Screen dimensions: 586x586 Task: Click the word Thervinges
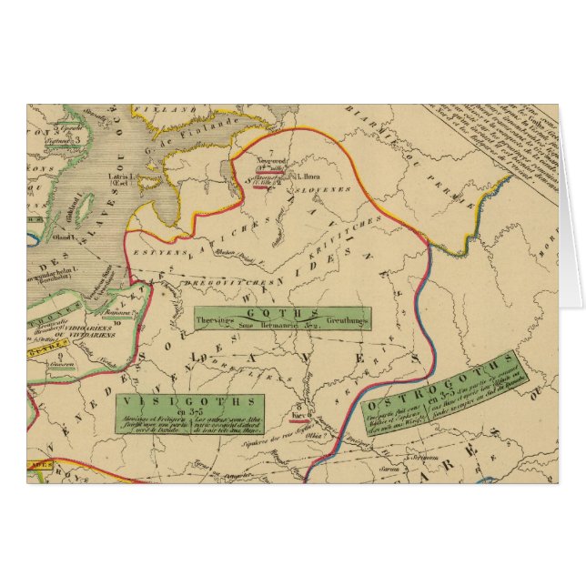click(215, 321)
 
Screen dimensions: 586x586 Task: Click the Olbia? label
click(318, 435)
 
